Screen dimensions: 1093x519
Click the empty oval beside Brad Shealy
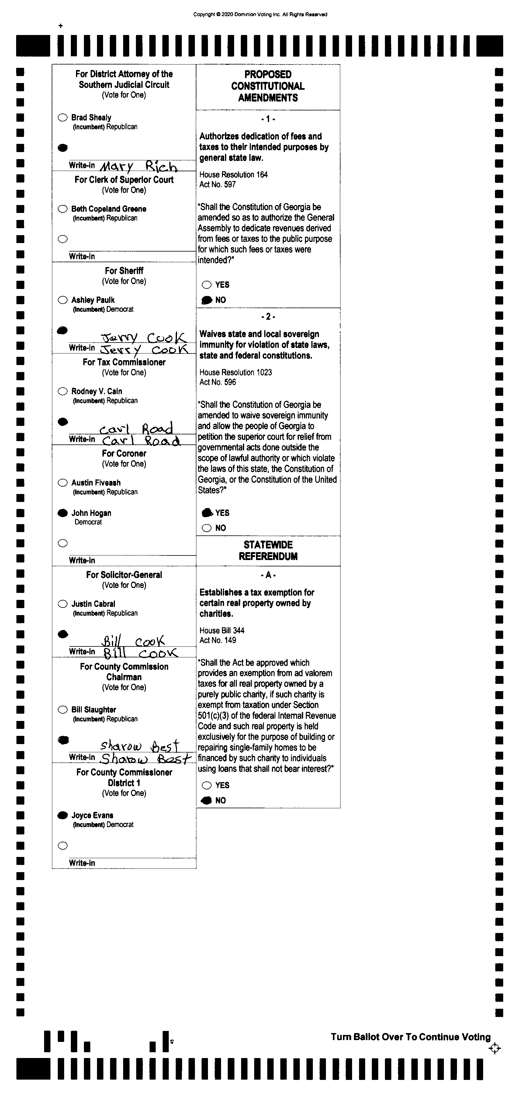63,117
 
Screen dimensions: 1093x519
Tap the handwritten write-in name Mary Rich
138,166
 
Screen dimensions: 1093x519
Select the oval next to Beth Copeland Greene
63,209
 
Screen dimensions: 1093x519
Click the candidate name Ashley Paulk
93,300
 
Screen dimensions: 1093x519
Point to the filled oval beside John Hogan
63,513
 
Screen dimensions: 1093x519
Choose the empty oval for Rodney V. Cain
63,391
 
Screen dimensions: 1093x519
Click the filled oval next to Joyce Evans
63,815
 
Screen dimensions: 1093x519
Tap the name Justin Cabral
93,604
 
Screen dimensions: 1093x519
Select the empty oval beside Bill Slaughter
63,709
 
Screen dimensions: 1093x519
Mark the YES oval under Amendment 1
206,285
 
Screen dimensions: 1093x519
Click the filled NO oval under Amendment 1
206,300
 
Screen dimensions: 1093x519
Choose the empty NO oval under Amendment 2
206,528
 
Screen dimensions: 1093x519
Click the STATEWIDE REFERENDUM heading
268,550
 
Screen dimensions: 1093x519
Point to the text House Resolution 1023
235,372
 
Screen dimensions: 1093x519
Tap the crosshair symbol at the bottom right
494,1049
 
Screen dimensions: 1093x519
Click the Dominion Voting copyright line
260,14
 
